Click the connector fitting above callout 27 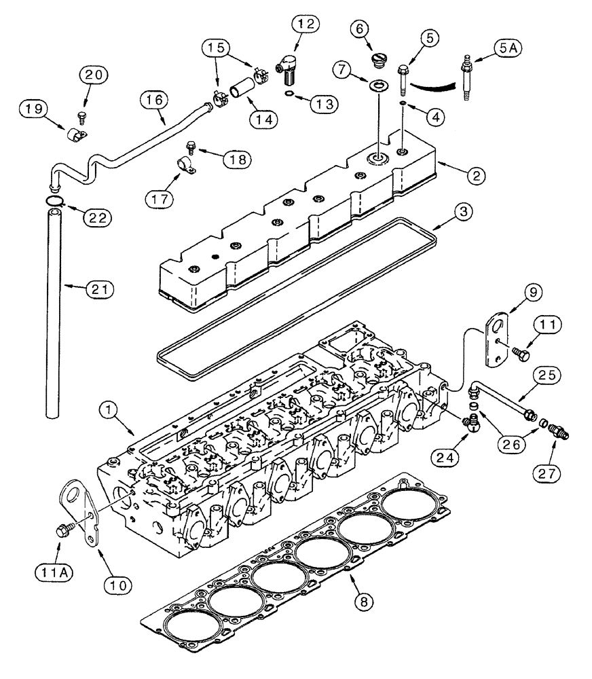(x=559, y=432)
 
